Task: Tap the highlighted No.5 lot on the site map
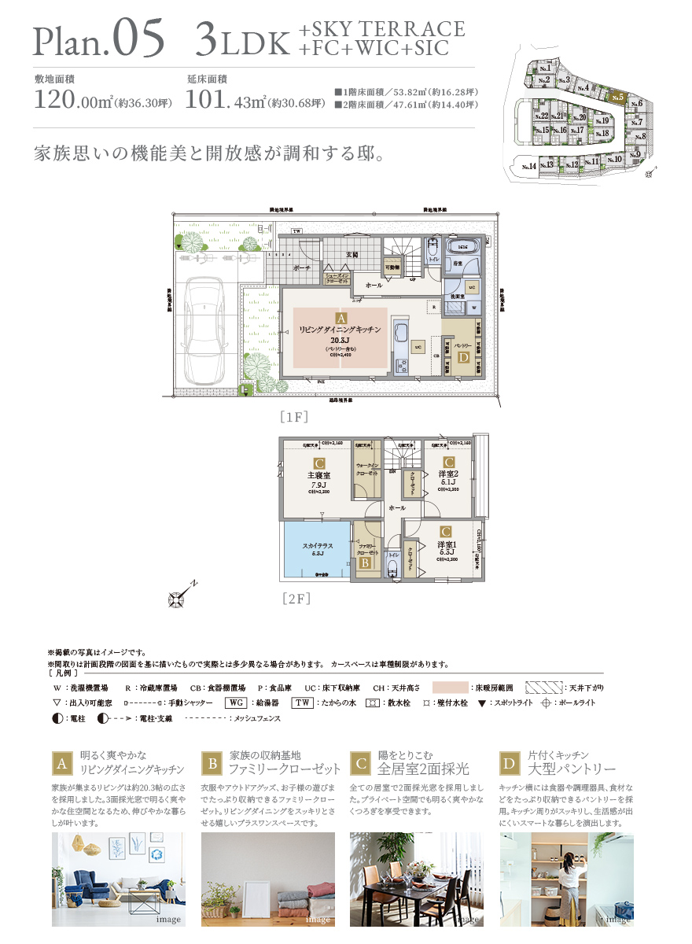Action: [618, 98]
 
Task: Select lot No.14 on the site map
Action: [527, 166]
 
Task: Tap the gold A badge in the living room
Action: [340, 314]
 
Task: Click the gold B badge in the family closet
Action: [365, 562]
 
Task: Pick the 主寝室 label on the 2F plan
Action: [319, 475]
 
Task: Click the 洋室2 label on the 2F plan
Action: [448, 474]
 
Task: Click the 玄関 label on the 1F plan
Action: [352, 255]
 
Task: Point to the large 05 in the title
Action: [139, 38]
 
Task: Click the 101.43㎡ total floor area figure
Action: [225, 100]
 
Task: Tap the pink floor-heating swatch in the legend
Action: [450, 688]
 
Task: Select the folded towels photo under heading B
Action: [267, 879]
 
